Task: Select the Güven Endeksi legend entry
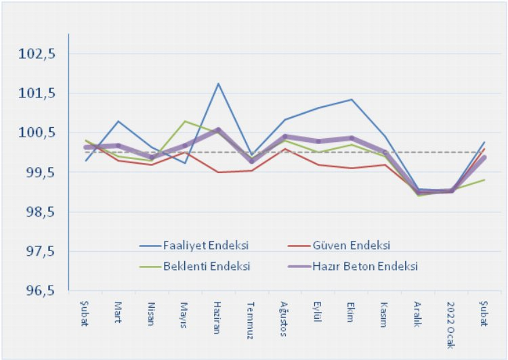(352, 244)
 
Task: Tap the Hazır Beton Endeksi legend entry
(366, 266)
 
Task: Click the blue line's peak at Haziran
(218, 83)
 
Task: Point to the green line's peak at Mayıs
(185, 121)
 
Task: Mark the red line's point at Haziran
(218, 172)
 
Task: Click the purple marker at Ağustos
(285, 137)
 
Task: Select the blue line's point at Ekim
(352, 99)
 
